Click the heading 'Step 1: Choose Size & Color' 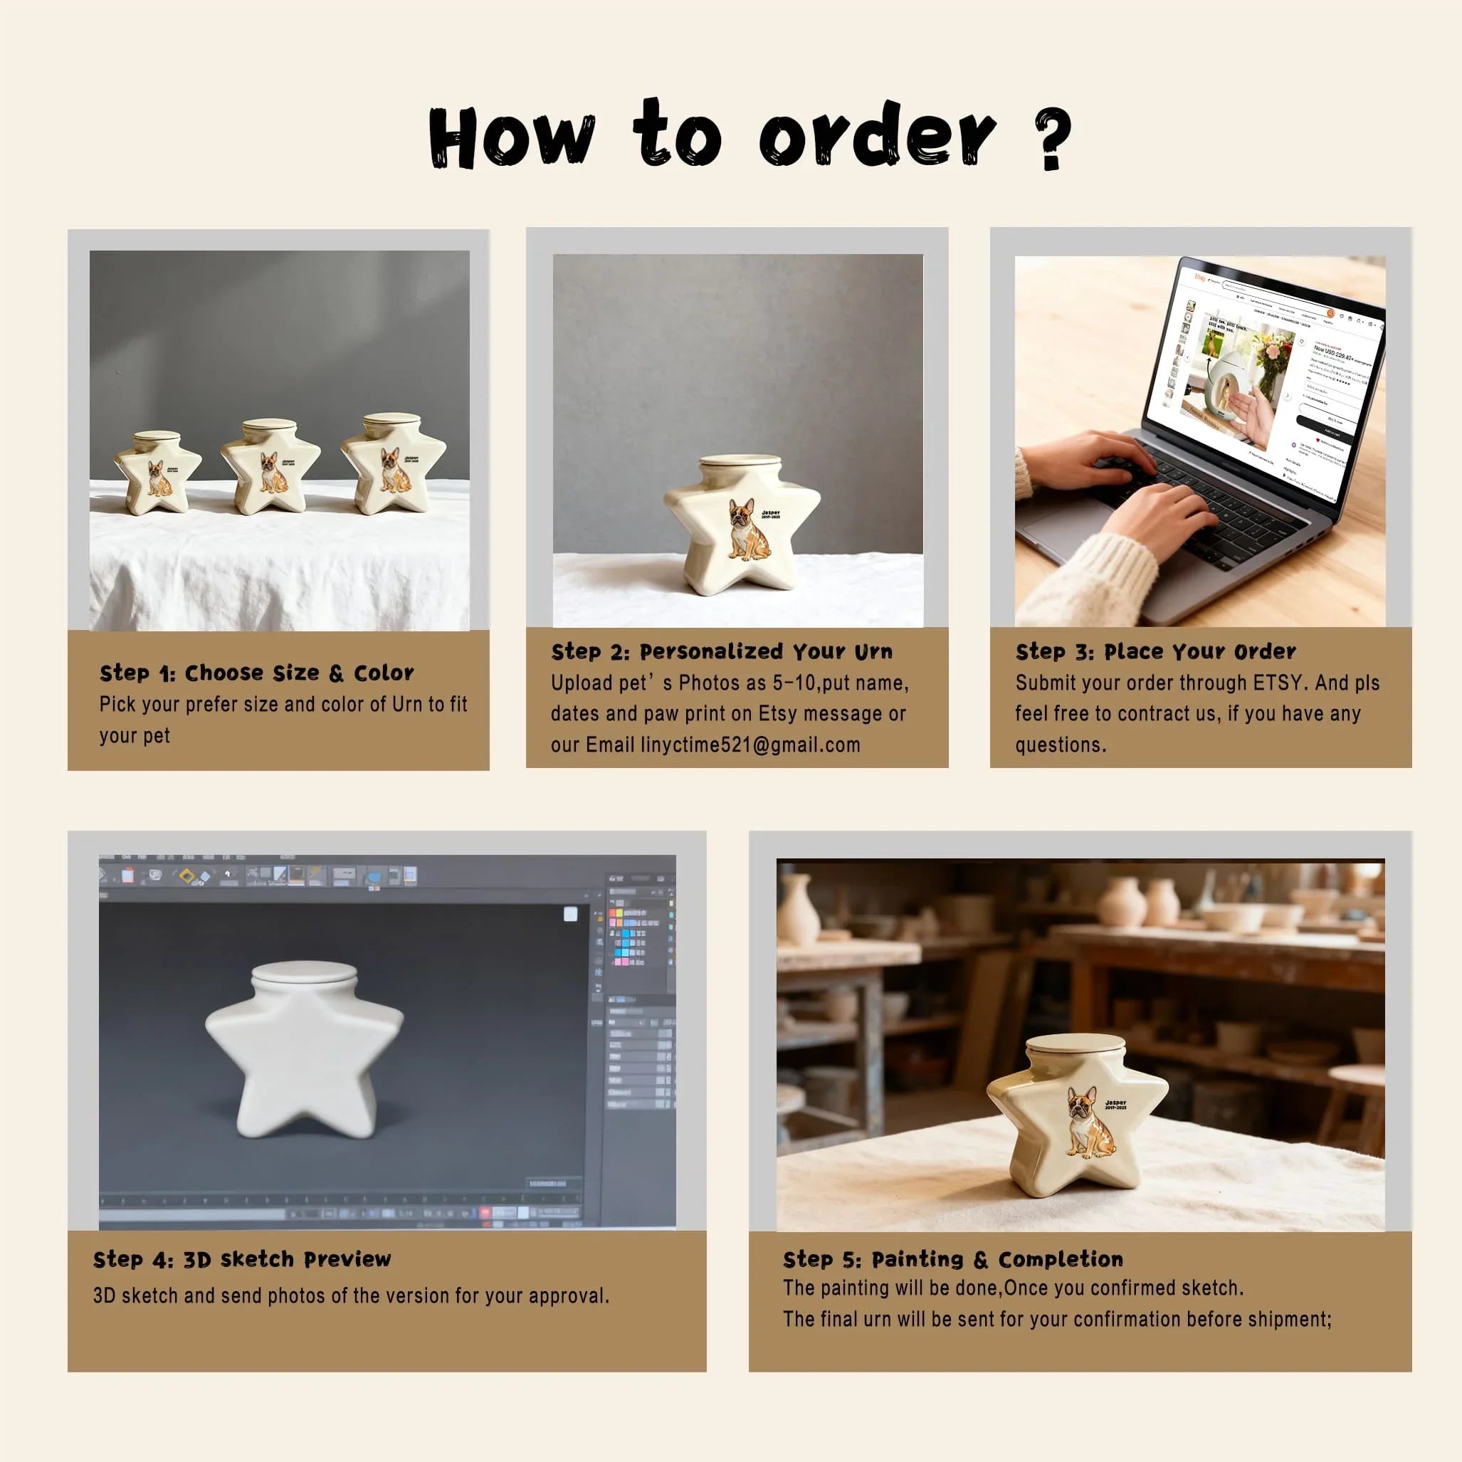pyautogui.click(x=256, y=673)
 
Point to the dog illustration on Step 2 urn pyautogui.click(x=747, y=530)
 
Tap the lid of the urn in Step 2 pyautogui.click(x=740, y=463)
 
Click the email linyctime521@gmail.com pyautogui.click(x=750, y=745)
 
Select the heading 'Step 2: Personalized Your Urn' pyautogui.click(x=722, y=651)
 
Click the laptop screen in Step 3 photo pyautogui.click(x=1263, y=379)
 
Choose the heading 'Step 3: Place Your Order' pyautogui.click(x=1155, y=651)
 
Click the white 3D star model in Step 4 pyautogui.click(x=304, y=1052)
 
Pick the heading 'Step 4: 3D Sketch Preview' pyautogui.click(x=242, y=1259)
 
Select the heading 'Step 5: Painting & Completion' pyautogui.click(x=953, y=1259)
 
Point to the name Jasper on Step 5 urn pyautogui.click(x=1115, y=1103)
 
